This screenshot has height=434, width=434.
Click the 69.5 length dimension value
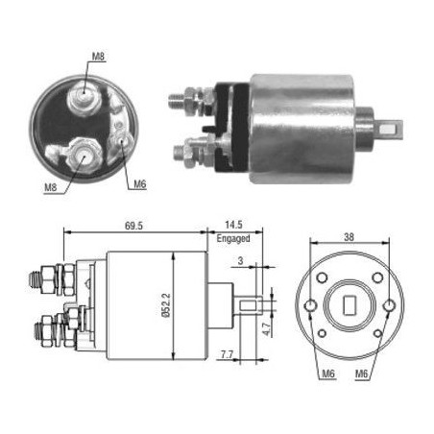click(133, 226)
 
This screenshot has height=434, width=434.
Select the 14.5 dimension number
click(233, 225)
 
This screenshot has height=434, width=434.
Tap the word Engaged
click(233, 238)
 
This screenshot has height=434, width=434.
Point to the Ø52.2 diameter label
click(166, 305)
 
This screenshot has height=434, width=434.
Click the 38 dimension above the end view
click(350, 237)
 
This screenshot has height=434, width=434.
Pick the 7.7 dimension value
click(227, 354)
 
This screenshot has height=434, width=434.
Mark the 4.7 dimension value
click(267, 329)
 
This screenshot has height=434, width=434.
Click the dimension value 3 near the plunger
click(240, 261)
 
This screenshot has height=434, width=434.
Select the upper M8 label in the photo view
click(98, 57)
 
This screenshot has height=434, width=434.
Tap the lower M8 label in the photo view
click(51, 187)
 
